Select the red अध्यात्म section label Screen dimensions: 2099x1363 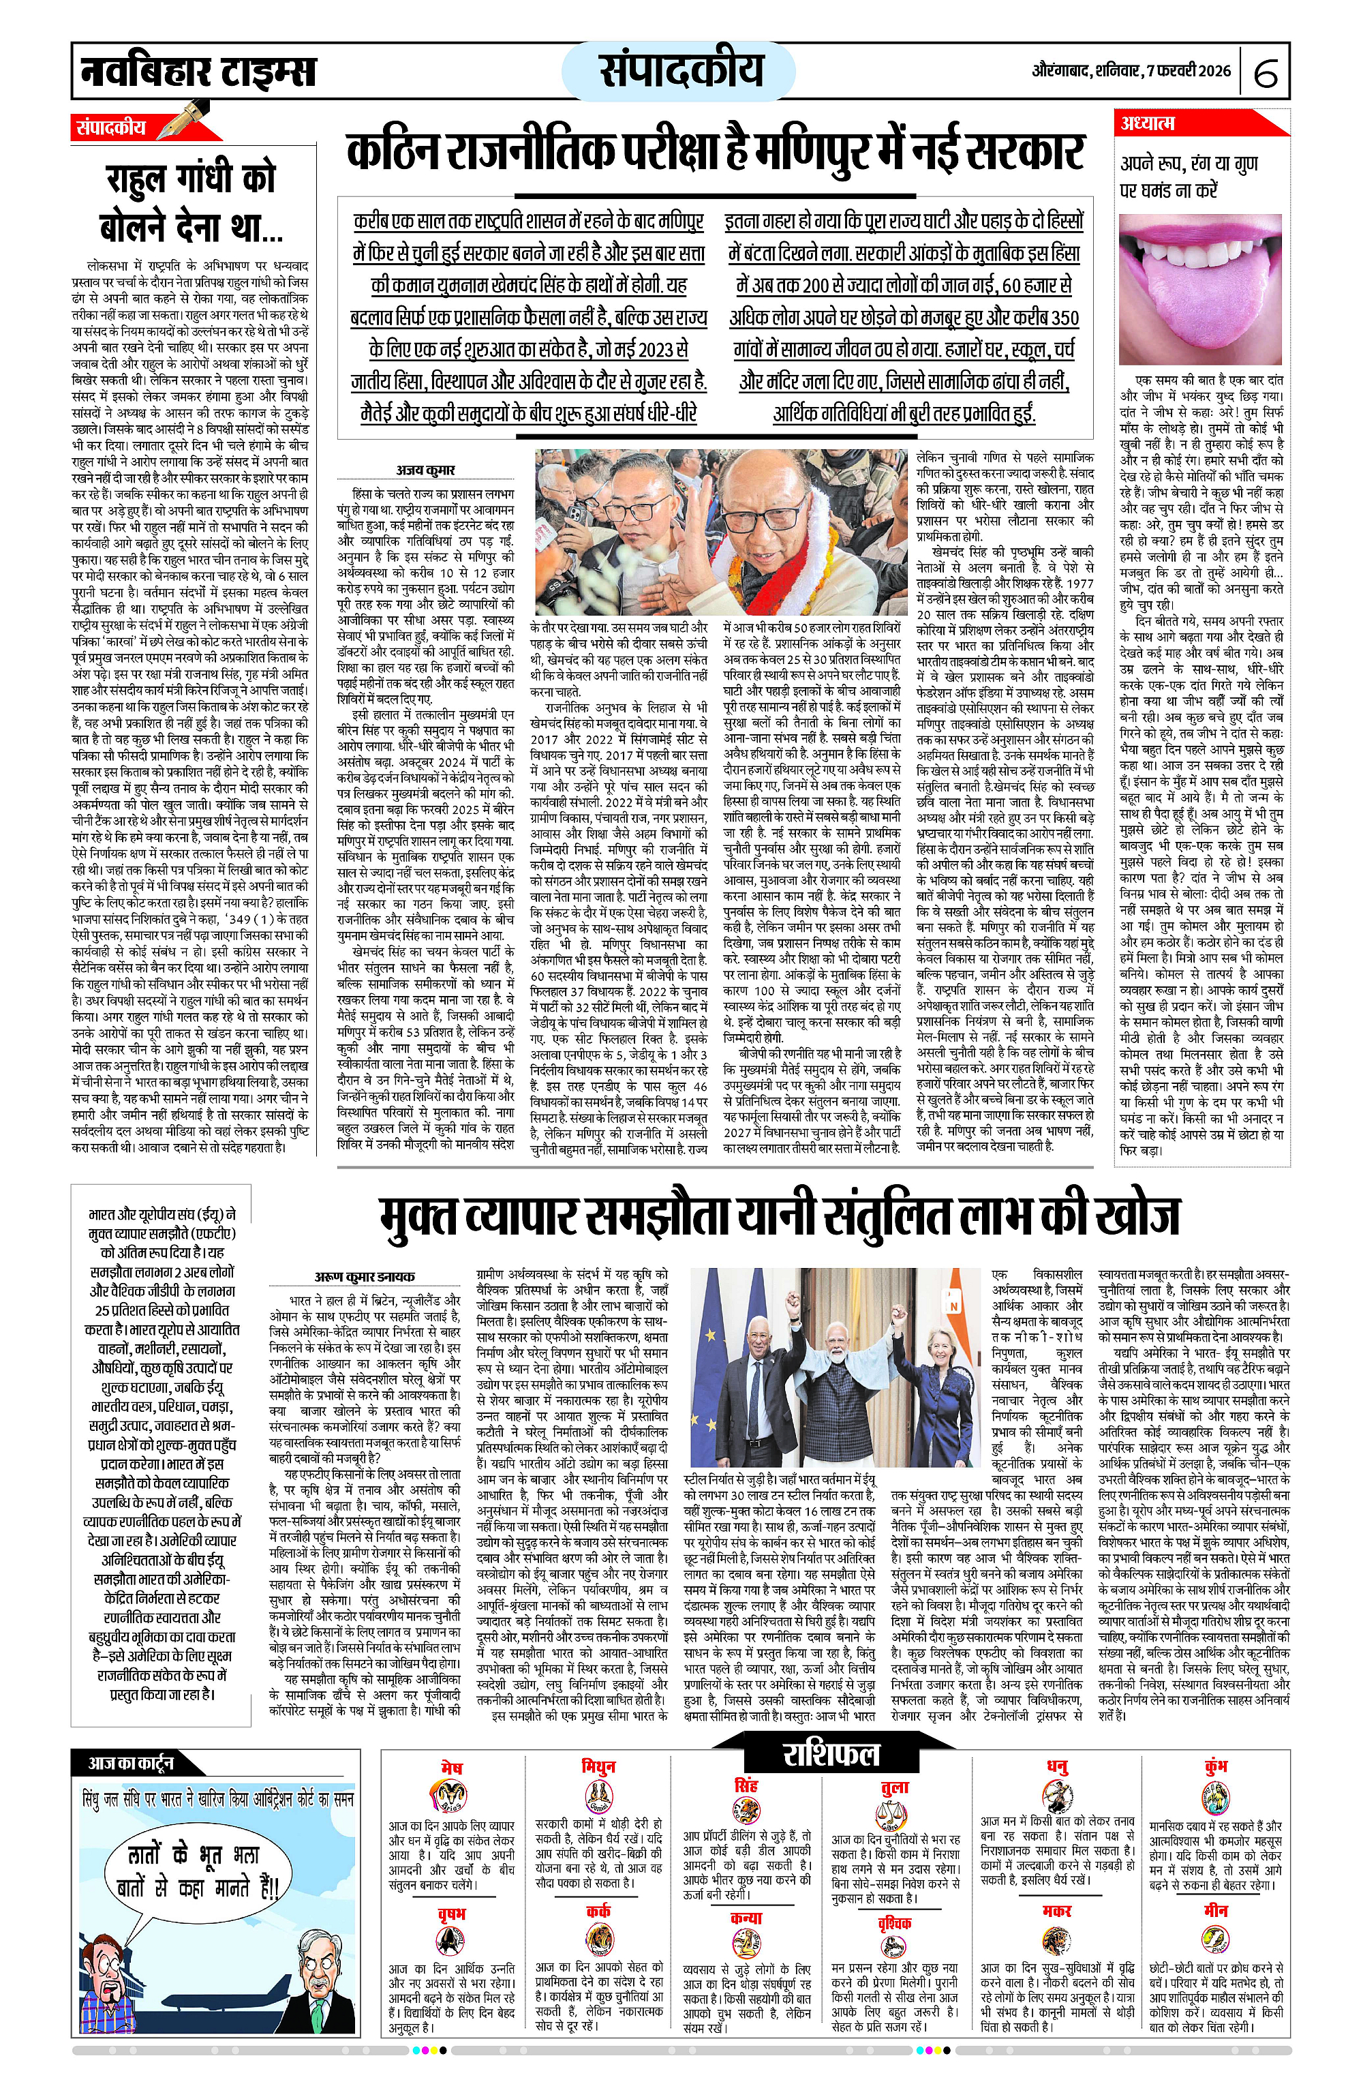(x=1147, y=123)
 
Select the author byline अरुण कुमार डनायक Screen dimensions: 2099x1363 (x=364, y=1276)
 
